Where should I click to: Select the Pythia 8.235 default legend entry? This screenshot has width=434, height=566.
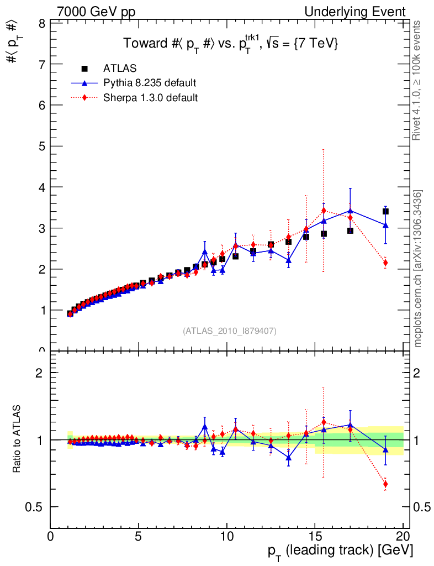[x=150, y=83]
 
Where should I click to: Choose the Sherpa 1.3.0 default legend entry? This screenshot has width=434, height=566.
[x=151, y=97]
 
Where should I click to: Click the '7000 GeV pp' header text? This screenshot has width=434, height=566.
[x=96, y=12]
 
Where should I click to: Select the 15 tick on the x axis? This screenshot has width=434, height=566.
[x=315, y=536]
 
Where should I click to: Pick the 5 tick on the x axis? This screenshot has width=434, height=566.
[x=139, y=536]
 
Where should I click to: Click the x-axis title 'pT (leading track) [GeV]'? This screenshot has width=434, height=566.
[x=340, y=551]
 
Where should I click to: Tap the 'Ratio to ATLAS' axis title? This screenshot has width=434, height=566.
[x=17, y=439]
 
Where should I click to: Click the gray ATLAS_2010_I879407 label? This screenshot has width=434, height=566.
[x=230, y=331]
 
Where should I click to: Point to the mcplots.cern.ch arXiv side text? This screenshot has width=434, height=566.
[x=418, y=269]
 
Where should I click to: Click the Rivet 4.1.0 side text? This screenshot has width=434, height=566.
[x=418, y=80]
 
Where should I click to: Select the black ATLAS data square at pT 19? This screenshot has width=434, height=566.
[x=385, y=212]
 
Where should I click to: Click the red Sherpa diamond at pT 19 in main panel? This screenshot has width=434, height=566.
[x=385, y=263]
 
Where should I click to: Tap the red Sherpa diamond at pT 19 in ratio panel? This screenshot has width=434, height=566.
[x=385, y=484]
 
